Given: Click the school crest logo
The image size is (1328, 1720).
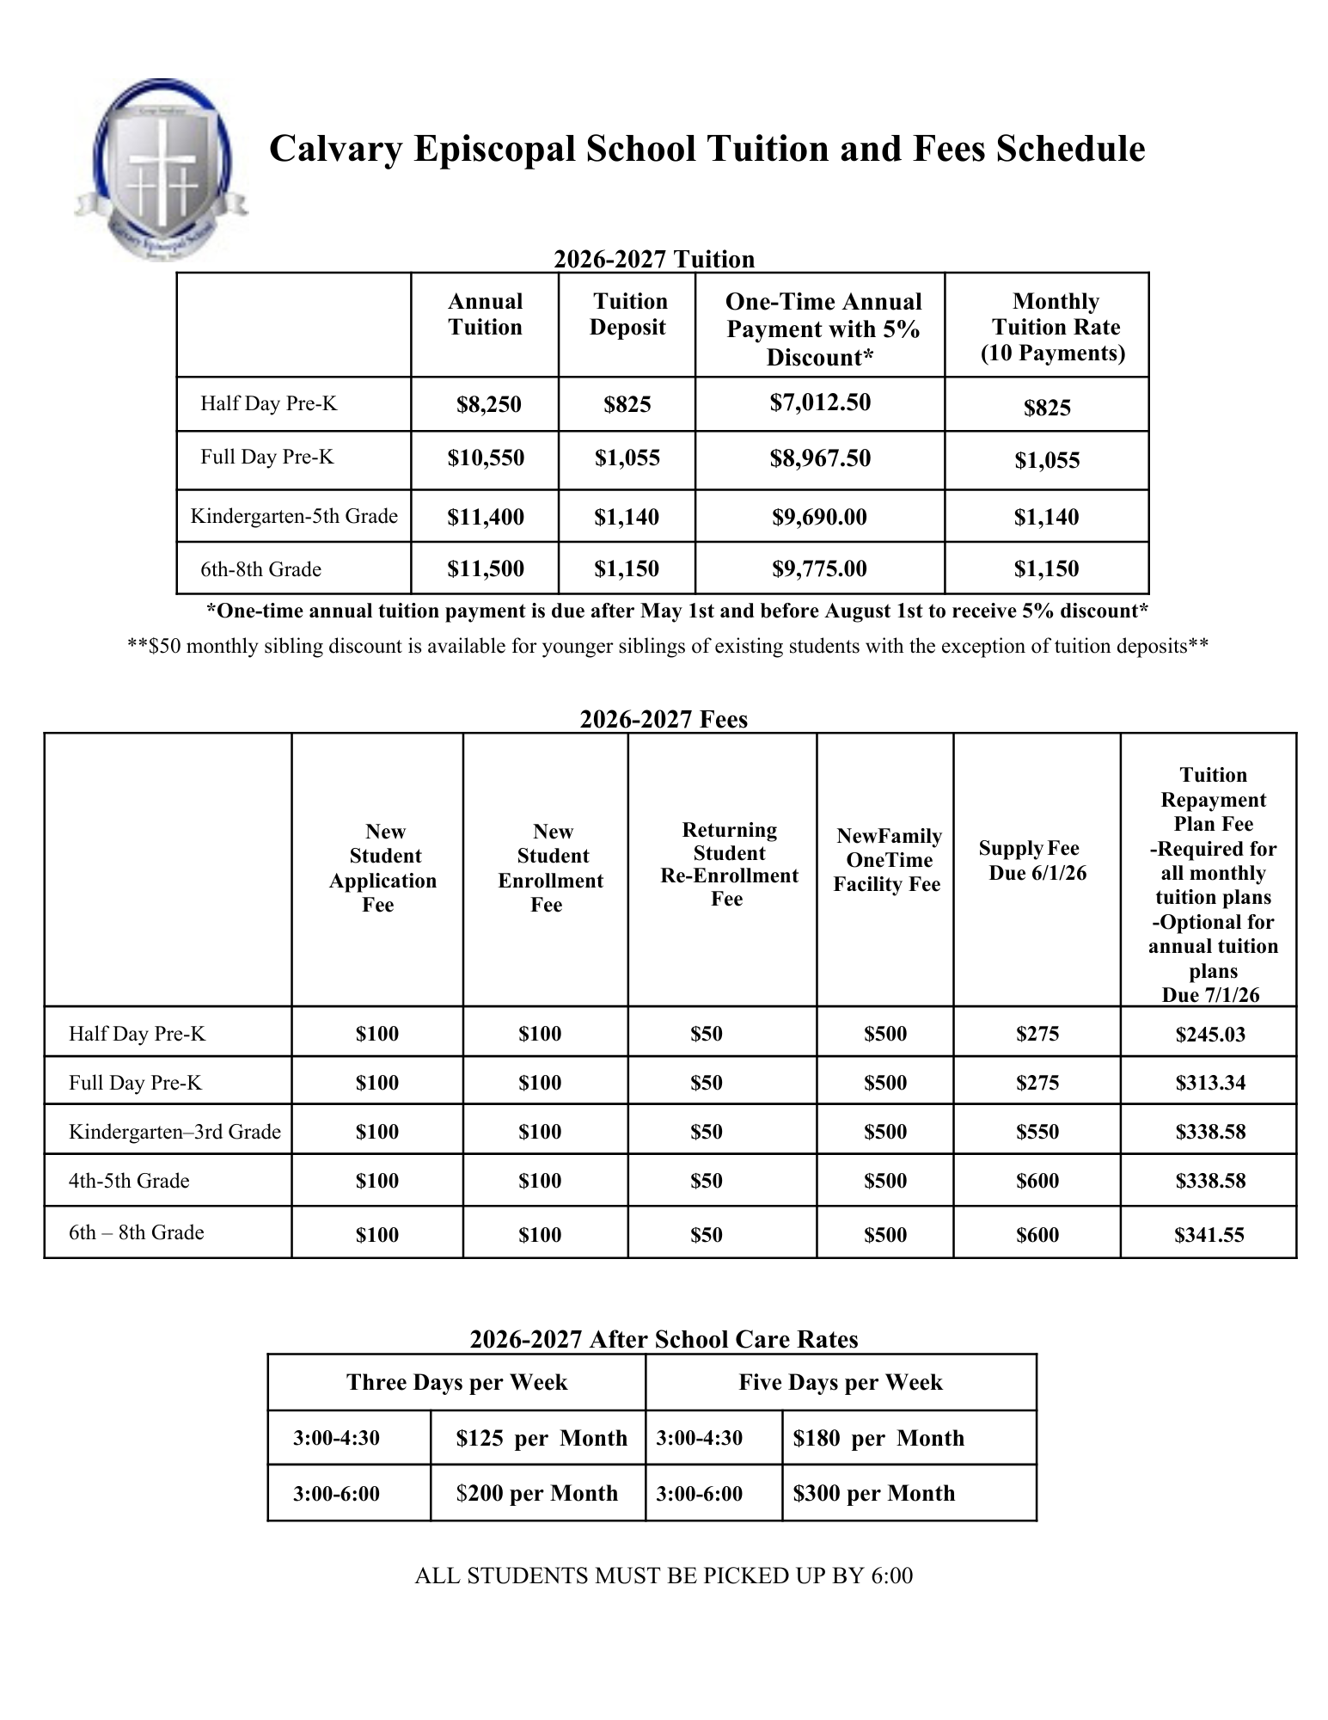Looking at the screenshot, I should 161,169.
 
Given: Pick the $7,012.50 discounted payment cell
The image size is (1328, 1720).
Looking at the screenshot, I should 820,402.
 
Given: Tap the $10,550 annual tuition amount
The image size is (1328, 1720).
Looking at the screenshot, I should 486,458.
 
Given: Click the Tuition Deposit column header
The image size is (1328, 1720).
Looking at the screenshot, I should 628,314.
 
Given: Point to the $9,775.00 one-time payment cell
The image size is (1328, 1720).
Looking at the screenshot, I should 819,568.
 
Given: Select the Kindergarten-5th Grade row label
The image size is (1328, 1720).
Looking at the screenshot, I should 294,516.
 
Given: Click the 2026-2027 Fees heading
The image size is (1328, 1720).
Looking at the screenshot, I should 664,719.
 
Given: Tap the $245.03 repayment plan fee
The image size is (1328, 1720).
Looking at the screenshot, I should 1210,1035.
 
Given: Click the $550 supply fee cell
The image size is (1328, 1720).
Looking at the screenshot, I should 1037,1132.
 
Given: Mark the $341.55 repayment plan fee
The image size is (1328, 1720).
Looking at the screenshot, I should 1209,1235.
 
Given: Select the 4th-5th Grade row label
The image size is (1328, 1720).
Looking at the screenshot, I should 129,1181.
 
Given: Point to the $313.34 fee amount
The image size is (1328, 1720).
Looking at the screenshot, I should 1210,1083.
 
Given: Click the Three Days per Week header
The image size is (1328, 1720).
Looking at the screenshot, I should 456,1382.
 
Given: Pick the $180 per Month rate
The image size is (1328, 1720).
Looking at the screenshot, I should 878,1438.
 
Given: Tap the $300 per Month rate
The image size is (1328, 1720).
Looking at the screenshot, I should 873,1493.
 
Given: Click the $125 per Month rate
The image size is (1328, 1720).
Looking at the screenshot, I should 542,1438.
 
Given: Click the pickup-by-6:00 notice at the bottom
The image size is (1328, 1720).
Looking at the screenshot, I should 664,1576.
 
